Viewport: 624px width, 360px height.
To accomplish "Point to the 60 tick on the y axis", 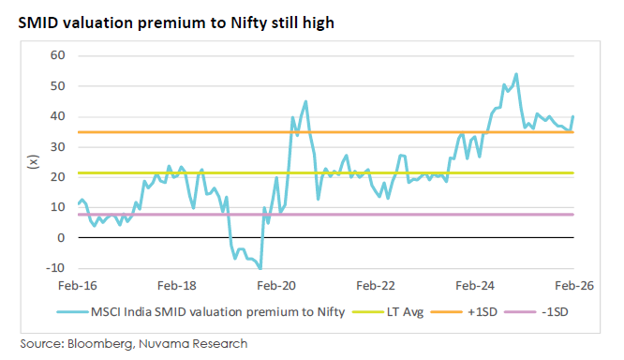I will point(57,55).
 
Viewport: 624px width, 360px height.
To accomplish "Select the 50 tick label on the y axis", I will point(57,86).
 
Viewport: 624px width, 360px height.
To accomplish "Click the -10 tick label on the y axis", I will point(55,268).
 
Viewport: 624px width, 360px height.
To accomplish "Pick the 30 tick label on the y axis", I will point(57,147).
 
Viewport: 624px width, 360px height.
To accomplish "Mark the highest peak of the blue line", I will point(516,74).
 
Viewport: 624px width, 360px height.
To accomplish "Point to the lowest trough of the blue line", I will point(260,269).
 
